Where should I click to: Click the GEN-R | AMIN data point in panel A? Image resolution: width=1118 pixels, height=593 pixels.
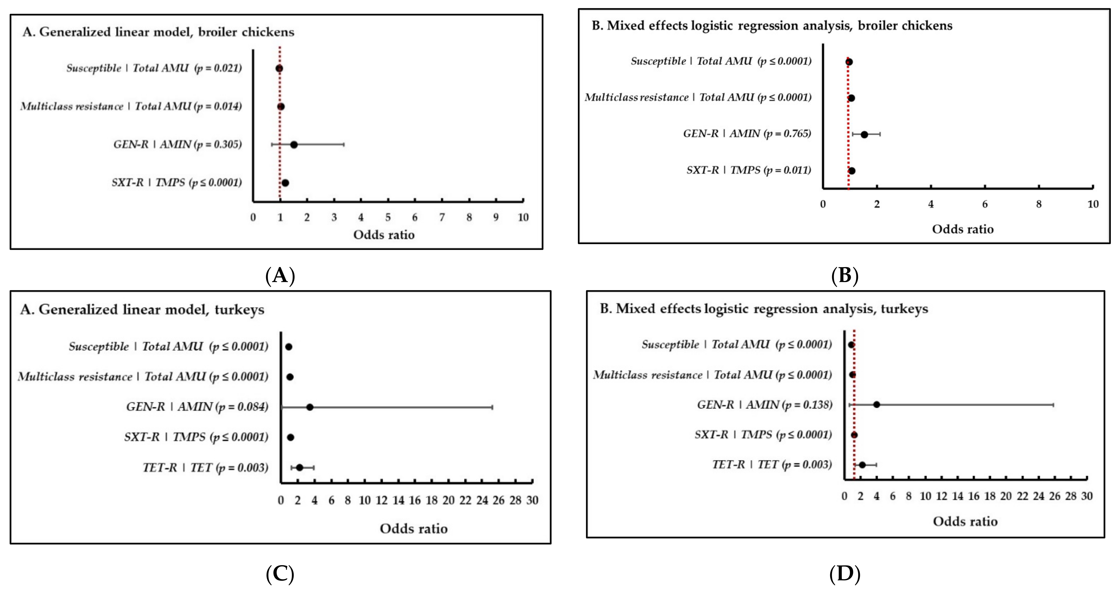[294, 145]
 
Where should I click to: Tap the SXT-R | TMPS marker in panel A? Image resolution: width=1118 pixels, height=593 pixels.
[285, 183]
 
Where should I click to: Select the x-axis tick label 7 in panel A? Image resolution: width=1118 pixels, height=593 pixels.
[442, 217]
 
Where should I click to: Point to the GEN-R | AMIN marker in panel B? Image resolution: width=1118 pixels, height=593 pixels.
[864, 135]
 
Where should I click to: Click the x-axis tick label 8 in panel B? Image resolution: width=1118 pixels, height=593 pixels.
[1039, 204]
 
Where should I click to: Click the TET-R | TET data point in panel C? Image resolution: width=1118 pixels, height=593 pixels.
[299, 468]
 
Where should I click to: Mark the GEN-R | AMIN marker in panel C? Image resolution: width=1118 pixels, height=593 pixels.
[309, 407]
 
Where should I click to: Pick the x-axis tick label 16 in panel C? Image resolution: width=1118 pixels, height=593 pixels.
[415, 500]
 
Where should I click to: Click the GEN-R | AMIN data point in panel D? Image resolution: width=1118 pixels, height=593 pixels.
[876, 404]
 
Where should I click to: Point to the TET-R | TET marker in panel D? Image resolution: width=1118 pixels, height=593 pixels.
[862, 465]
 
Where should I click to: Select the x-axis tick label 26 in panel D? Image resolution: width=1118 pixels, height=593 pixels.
[1054, 496]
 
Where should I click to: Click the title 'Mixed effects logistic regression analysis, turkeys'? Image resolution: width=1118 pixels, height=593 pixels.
[764, 309]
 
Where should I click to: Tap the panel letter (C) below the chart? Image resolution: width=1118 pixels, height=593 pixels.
[280, 574]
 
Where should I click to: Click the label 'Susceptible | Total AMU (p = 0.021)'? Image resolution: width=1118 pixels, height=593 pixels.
[154, 68]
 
